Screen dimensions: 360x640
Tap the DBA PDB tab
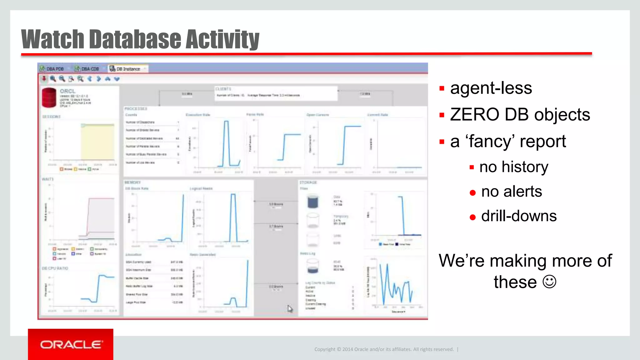coord(52,69)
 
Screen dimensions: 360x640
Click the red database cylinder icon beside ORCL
coord(49,97)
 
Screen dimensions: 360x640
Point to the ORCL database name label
coord(67,91)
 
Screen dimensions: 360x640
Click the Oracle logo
coord(71,345)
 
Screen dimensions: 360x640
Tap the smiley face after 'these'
coord(549,282)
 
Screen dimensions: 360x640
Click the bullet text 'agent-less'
coord(491,88)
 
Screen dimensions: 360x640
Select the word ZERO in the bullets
coord(475,114)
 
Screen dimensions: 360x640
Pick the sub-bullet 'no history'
coord(514,167)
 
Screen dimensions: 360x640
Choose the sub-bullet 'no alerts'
coord(512,191)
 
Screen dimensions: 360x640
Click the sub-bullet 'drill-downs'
coord(519,216)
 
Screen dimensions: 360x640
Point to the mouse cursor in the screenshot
coord(290,308)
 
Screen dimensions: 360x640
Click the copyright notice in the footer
coord(384,349)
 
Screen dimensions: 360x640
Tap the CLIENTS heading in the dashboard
coord(223,89)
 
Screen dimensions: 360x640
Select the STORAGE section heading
coord(308,182)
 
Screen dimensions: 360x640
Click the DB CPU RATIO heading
coord(55,268)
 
